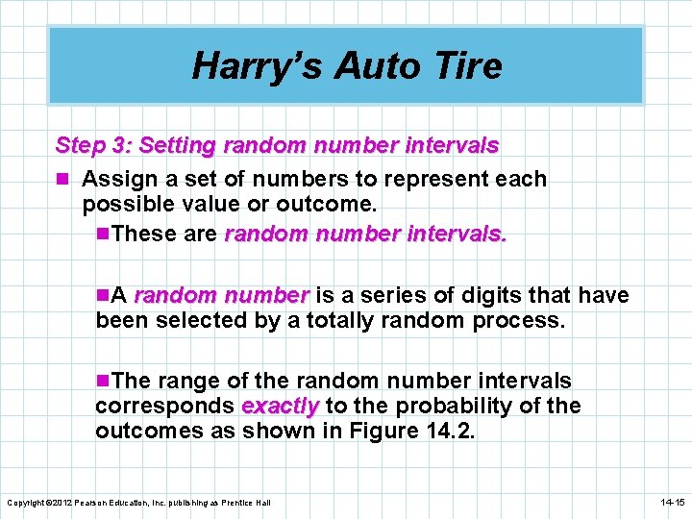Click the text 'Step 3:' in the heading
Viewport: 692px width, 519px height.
click(x=93, y=146)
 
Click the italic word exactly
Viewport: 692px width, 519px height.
click(x=280, y=406)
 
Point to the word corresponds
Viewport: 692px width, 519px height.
click(x=163, y=406)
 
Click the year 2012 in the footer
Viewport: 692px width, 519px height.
click(x=60, y=503)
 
